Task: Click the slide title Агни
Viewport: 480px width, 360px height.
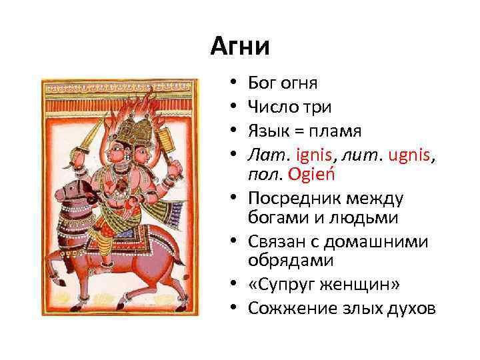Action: coord(240,46)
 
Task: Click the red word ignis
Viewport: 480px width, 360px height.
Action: coord(314,155)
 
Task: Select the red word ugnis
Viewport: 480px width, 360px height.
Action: coord(409,155)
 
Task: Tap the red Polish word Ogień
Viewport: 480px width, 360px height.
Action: coord(311,175)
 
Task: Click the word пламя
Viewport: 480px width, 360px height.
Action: coord(335,131)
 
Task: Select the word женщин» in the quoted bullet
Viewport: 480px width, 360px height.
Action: coord(360,285)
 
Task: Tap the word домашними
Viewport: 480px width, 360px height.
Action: coord(376,242)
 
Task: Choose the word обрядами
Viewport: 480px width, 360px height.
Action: coord(291,261)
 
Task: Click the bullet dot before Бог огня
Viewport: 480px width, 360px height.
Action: coord(233,82)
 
